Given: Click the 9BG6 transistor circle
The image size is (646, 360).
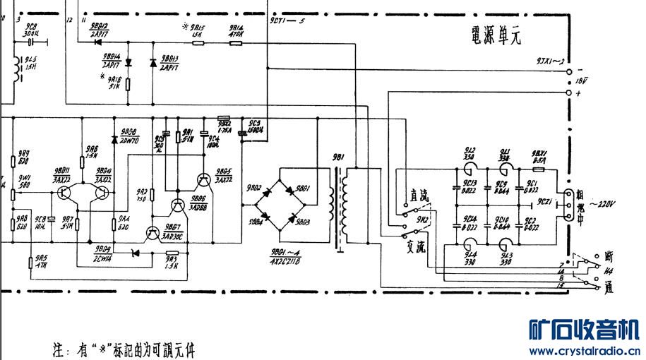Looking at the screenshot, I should coord(177,205).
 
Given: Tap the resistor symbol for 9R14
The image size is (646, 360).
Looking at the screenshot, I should coord(235,42).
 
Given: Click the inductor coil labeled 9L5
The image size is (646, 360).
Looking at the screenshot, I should coord(13,67).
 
